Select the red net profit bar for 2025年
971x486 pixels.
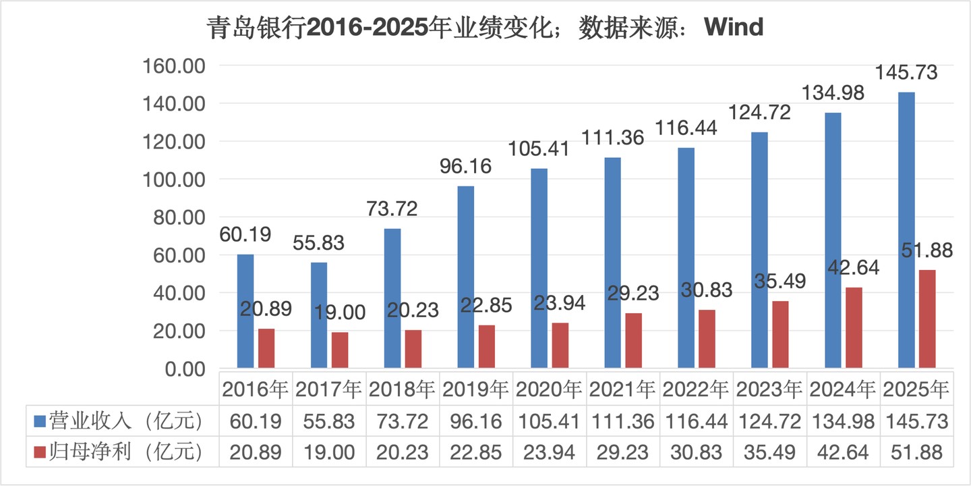tap(927, 319)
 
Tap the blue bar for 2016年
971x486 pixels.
tap(245, 311)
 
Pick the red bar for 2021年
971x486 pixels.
tap(633, 341)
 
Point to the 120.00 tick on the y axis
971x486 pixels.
tap(173, 142)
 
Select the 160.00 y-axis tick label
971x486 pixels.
tap(173, 66)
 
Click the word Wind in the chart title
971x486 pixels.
tap(733, 28)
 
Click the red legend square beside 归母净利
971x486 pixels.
tap(40, 452)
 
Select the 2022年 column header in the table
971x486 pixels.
tap(695, 389)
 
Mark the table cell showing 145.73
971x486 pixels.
tap(916, 422)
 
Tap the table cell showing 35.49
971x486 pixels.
tap(769, 452)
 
